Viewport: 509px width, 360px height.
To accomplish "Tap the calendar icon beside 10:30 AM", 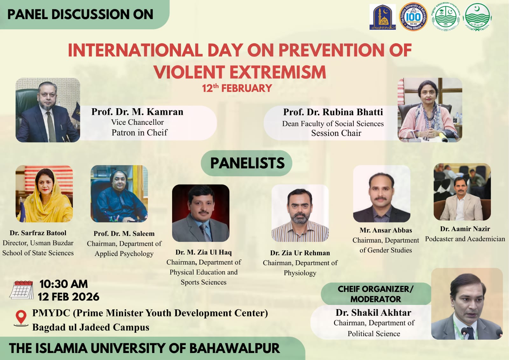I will pyautogui.click(x=22, y=290).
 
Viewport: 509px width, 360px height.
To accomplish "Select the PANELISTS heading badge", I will pyautogui.click(x=247, y=163).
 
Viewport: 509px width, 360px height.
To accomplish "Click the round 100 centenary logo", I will pyautogui.click(x=413, y=17).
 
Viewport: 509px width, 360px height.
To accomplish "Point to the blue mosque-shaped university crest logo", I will pyautogui.click(x=382, y=17).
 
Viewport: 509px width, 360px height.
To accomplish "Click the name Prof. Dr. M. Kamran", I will pyautogui.click(x=137, y=112).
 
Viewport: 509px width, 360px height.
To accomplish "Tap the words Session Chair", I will pyautogui.click(x=336, y=133).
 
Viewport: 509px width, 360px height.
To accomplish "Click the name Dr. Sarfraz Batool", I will pyautogui.click(x=38, y=233).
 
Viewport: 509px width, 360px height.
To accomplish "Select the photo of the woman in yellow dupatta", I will pyautogui.click(x=44, y=194).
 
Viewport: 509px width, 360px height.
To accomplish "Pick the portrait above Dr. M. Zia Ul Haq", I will pyautogui.click(x=200, y=213).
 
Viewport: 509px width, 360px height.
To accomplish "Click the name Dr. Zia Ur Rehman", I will pyautogui.click(x=300, y=253).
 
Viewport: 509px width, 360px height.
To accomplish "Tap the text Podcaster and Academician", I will pyautogui.click(x=465, y=239).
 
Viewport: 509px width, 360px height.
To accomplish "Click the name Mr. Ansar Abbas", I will pyautogui.click(x=386, y=230).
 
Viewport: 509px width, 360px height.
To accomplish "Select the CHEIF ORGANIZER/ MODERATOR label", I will pyautogui.click(x=375, y=294).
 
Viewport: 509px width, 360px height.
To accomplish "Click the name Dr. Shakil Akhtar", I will pyautogui.click(x=373, y=313).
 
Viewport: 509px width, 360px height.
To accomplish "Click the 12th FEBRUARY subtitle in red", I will pyautogui.click(x=237, y=88).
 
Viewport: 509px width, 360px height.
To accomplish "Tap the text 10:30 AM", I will pyautogui.click(x=63, y=284).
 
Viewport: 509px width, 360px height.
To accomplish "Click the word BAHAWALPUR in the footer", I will pyautogui.click(x=234, y=348).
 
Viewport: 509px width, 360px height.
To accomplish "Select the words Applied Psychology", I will pyautogui.click(x=124, y=254).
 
